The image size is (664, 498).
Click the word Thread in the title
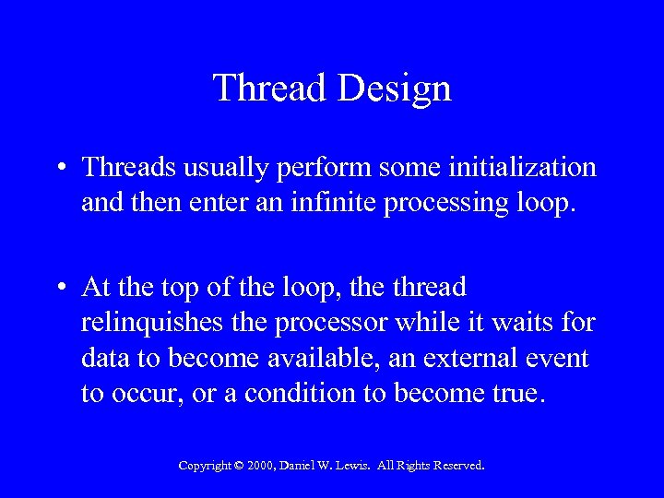point(270,89)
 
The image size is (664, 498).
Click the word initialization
point(532,168)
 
